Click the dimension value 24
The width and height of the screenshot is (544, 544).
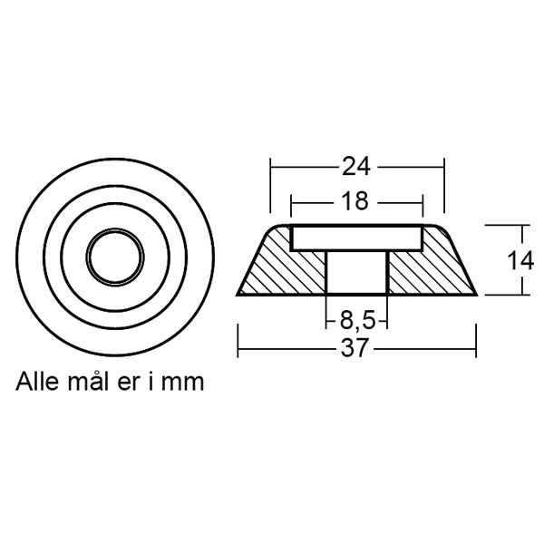(x=357, y=167)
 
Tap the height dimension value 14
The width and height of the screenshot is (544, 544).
(x=520, y=260)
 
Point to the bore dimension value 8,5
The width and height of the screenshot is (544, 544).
(x=357, y=320)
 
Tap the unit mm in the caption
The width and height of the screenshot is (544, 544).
(x=185, y=382)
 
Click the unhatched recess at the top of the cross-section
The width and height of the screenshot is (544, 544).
(x=357, y=238)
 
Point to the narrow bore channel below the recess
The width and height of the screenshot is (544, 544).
(x=357, y=272)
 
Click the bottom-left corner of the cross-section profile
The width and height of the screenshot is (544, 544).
(x=238, y=295)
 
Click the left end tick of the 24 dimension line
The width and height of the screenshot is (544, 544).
(x=271, y=167)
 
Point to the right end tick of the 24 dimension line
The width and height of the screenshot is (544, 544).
(x=444, y=167)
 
